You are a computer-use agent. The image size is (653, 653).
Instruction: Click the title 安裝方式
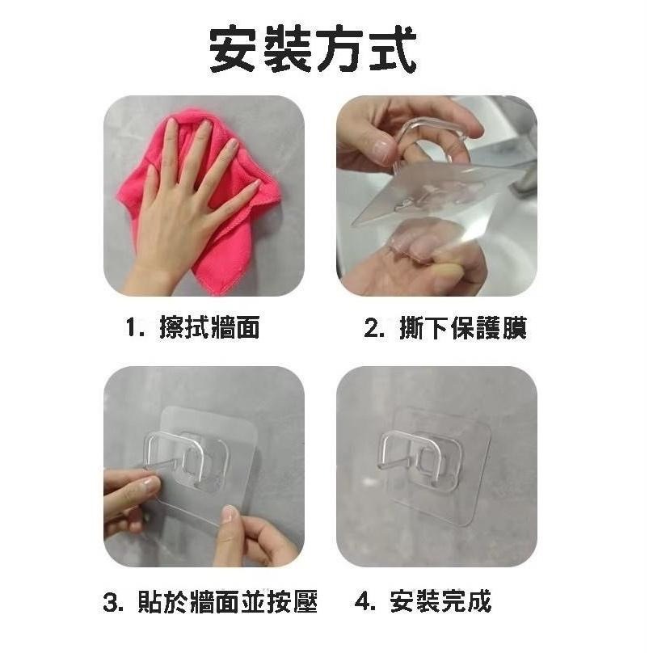[314, 50]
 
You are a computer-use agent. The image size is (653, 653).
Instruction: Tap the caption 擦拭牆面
[209, 328]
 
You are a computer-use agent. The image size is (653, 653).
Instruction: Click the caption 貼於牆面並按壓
[234, 602]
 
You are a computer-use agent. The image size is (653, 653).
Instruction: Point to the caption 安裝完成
[440, 602]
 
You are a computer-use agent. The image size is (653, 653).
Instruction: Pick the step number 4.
[364, 603]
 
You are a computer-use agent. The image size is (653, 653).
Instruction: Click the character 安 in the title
[235, 50]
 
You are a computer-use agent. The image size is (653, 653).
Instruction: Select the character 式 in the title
[391, 50]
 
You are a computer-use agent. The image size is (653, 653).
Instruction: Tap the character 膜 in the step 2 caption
[514, 328]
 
